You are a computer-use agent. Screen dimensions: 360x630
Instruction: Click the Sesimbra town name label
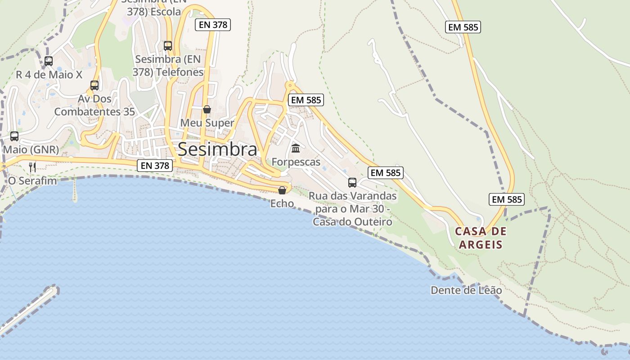click(218, 149)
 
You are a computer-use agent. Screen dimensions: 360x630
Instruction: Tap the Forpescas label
click(296, 162)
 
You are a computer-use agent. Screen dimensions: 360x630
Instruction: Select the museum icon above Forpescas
click(296, 148)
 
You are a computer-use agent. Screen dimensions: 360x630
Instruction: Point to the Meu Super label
click(207, 123)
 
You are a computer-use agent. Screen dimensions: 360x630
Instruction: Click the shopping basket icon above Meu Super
click(207, 109)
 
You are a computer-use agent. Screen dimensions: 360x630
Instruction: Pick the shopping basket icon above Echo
click(282, 190)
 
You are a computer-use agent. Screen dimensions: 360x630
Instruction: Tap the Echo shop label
click(282, 204)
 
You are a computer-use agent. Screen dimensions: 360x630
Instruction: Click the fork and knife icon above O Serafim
click(32, 167)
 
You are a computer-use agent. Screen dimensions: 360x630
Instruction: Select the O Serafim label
click(33, 181)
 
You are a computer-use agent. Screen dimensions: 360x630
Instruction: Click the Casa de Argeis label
click(481, 238)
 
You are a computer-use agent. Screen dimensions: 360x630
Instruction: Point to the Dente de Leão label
click(466, 290)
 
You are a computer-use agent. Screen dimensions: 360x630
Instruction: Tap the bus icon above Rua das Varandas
click(352, 183)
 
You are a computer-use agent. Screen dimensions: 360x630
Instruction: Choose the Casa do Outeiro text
click(352, 222)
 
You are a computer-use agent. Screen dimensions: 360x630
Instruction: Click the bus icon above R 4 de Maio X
click(49, 61)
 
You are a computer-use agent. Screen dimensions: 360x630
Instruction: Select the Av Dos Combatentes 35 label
click(94, 105)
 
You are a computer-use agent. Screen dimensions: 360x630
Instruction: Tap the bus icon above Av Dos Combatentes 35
click(94, 85)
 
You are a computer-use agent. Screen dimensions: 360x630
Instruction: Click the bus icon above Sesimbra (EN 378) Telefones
click(168, 45)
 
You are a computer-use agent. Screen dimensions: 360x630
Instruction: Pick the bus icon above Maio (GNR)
click(14, 136)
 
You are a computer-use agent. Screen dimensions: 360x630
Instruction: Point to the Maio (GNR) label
click(31, 149)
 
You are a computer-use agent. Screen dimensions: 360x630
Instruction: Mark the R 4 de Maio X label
click(49, 75)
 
